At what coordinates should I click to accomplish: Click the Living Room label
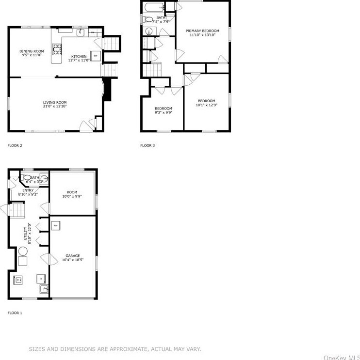tap(55, 102)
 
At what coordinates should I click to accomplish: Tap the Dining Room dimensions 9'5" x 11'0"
tap(32, 55)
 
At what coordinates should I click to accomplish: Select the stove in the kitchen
tap(57, 48)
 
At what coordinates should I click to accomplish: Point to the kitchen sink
tap(82, 32)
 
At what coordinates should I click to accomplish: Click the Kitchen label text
tap(79, 56)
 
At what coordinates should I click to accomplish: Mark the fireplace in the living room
tap(108, 90)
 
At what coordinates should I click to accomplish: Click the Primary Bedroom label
tap(202, 31)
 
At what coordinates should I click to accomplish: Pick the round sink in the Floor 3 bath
tap(149, 31)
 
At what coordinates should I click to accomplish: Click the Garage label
tap(73, 256)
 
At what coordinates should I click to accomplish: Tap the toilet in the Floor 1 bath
tap(27, 177)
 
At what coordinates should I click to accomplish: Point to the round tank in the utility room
tap(23, 251)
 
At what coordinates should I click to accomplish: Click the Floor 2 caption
tap(15, 145)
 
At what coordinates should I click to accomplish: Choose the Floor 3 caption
tap(147, 145)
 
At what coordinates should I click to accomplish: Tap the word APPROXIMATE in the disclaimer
tap(120, 349)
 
